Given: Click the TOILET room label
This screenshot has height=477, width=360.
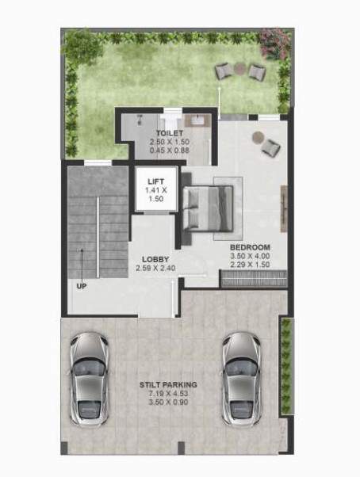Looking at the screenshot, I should pyautogui.click(x=169, y=133).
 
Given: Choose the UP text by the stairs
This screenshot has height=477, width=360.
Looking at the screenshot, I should pyautogui.click(x=81, y=285).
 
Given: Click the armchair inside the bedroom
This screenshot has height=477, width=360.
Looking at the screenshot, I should pyautogui.click(x=271, y=147).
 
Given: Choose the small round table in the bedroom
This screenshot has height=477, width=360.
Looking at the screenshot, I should pyautogui.click(x=257, y=136).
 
